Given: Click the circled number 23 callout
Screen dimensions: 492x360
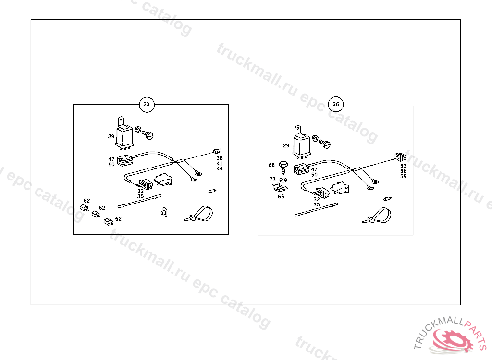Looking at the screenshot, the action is point(147,105).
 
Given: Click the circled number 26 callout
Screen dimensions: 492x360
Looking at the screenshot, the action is point(336,105).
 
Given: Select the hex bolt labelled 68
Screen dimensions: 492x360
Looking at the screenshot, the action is point(283,168).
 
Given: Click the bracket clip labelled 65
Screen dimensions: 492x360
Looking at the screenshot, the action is point(280,188).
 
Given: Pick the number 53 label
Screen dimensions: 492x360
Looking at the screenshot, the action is point(403,166).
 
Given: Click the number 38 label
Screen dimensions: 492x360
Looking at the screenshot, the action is point(219,158).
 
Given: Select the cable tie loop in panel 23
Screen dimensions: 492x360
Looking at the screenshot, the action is point(199,214).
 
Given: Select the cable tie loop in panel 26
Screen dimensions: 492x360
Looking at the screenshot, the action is point(378,216).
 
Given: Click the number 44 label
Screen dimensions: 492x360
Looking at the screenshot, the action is point(219,168).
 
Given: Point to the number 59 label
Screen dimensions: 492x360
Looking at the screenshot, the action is point(403,176).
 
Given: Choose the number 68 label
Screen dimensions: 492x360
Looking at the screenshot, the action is point(271,165).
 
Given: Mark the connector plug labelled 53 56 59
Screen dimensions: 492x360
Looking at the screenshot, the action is point(400,156).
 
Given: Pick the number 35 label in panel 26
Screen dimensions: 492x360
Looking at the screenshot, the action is point(317,204).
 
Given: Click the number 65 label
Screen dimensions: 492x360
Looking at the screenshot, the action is point(281,197).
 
